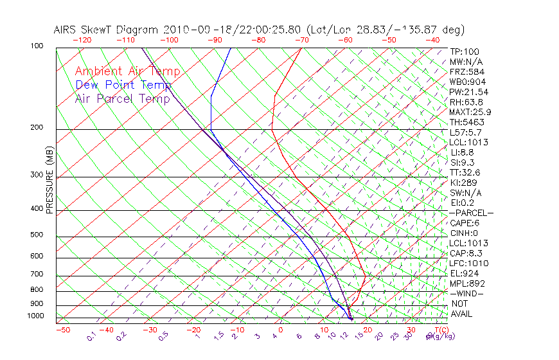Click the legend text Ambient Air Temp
coord(127,71)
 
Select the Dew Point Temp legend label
coord(123,85)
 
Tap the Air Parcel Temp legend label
coord(122,98)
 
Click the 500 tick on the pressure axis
coord(37,235)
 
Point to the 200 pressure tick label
coord(37,127)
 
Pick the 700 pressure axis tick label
coord(37,274)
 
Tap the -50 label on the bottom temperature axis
coord(62,330)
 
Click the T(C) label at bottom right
coord(441,330)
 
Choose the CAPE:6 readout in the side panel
coord(465,223)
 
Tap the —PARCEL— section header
coord(471,213)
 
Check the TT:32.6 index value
coord(465,172)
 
